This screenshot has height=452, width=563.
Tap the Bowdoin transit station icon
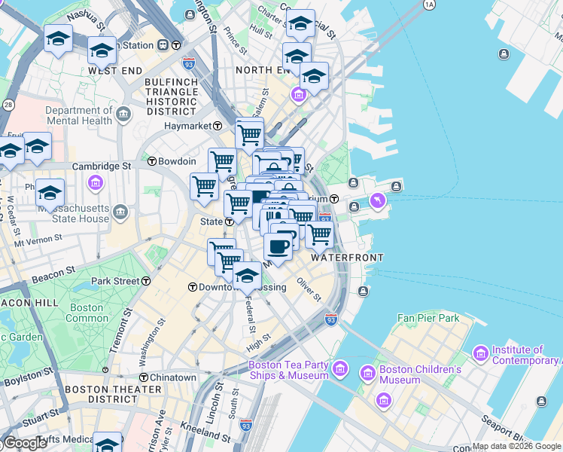tap(151, 161)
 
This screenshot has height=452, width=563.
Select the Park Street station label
tap(115, 281)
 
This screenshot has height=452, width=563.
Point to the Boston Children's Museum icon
tap(367, 373)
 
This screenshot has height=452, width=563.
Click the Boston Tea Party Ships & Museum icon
tap(339, 368)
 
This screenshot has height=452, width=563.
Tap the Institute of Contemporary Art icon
tap(481, 353)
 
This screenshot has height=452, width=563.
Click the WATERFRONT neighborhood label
tap(347, 258)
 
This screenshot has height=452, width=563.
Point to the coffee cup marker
tap(278, 247)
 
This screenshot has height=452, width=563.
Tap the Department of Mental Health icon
tap(123, 115)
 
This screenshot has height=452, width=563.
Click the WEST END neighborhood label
tap(114, 70)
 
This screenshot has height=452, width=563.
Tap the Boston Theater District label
tap(113, 395)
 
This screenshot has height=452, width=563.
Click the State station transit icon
tap(229, 222)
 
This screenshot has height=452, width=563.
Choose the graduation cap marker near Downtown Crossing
tap(247, 276)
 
